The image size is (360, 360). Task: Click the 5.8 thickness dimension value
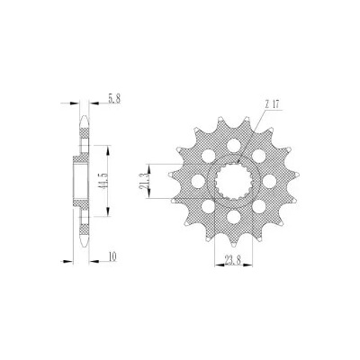point(114,99)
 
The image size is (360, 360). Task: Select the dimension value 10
point(112,256)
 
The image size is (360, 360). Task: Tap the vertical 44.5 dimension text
point(103,181)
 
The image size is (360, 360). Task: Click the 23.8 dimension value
point(232,260)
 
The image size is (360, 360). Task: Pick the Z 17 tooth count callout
point(272,104)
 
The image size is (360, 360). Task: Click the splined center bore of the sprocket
point(233,181)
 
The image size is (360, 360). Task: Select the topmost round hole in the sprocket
point(232,145)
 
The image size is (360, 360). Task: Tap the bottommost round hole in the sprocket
point(233,217)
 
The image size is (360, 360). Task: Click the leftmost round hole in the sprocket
point(197,181)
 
